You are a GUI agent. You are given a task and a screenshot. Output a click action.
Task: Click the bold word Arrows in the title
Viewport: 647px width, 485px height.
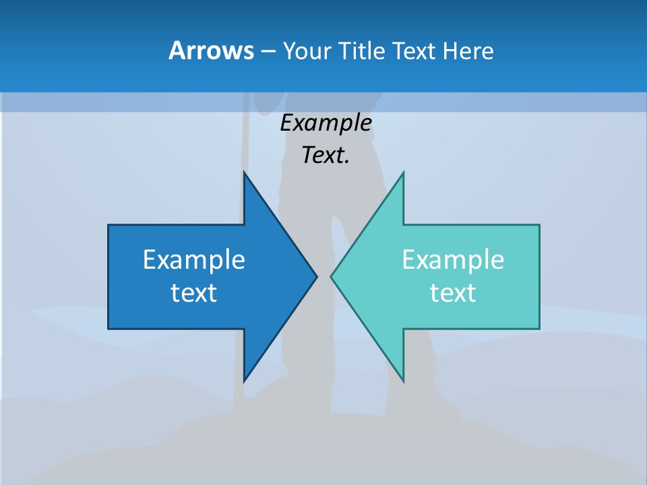[210, 51]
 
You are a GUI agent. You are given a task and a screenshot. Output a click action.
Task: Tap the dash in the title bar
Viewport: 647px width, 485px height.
[268, 51]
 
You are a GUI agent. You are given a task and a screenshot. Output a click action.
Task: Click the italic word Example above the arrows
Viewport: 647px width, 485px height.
[326, 123]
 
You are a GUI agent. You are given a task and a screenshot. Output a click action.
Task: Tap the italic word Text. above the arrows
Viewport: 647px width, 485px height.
[326, 155]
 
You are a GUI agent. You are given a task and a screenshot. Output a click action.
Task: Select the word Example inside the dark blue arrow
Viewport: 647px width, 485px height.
[194, 259]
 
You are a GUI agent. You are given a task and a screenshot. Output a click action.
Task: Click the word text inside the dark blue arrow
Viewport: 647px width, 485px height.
[194, 292]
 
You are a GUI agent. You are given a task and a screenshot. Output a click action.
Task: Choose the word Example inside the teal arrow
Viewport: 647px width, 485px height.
[453, 259]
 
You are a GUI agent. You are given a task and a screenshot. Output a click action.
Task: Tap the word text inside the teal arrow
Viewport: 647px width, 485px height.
[453, 292]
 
